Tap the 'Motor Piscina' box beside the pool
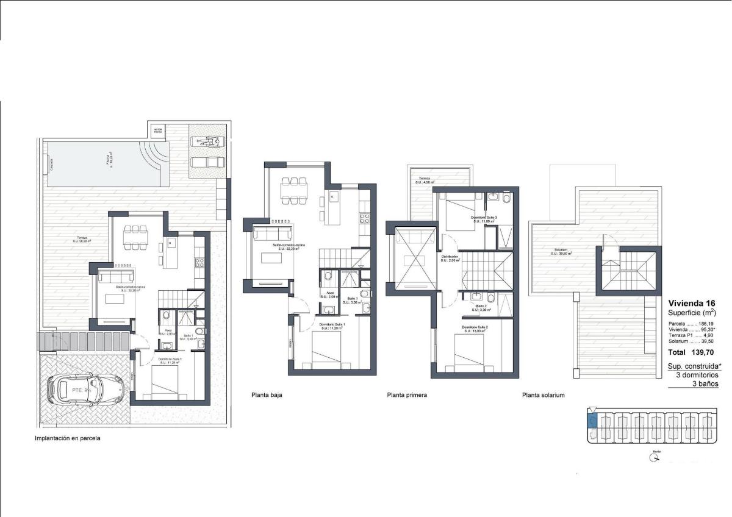[x=158, y=130]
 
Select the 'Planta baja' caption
[x=267, y=395]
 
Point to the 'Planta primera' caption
[x=407, y=395]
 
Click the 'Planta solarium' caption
[x=543, y=395]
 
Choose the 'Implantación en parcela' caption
[x=67, y=438]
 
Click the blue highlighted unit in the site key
[x=590, y=420]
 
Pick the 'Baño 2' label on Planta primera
[x=481, y=305]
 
